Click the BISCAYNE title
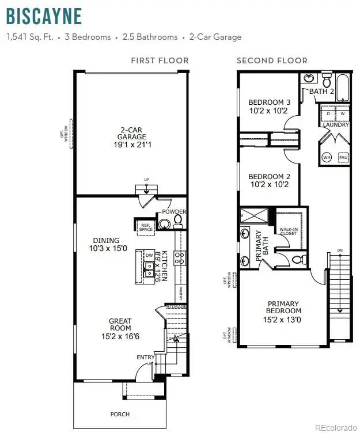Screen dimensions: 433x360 pyautogui.click(x=44, y=16)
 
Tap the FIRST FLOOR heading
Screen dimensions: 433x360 pyautogui.click(x=160, y=60)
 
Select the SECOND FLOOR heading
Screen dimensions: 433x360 pyautogui.click(x=272, y=60)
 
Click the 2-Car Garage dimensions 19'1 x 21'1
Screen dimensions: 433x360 pyautogui.click(x=131, y=145)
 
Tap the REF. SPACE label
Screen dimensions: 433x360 pyautogui.click(x=145, y=226)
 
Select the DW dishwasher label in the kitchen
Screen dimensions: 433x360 pyautogui.click(x=149, y=255)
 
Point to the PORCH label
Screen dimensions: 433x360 pyautogui.click(x=120, y=414)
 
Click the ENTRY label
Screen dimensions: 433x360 pyautogui.click(x=145, y=358)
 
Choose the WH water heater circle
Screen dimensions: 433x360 pyautogui.click(x=327, y=157)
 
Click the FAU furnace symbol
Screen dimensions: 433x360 pyautogui.click(x=342, y=157)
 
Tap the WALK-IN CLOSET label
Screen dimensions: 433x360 pyautogui.click(x=288, y=231)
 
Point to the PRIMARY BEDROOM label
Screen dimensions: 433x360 pyautogui.click(x=283, y=307)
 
